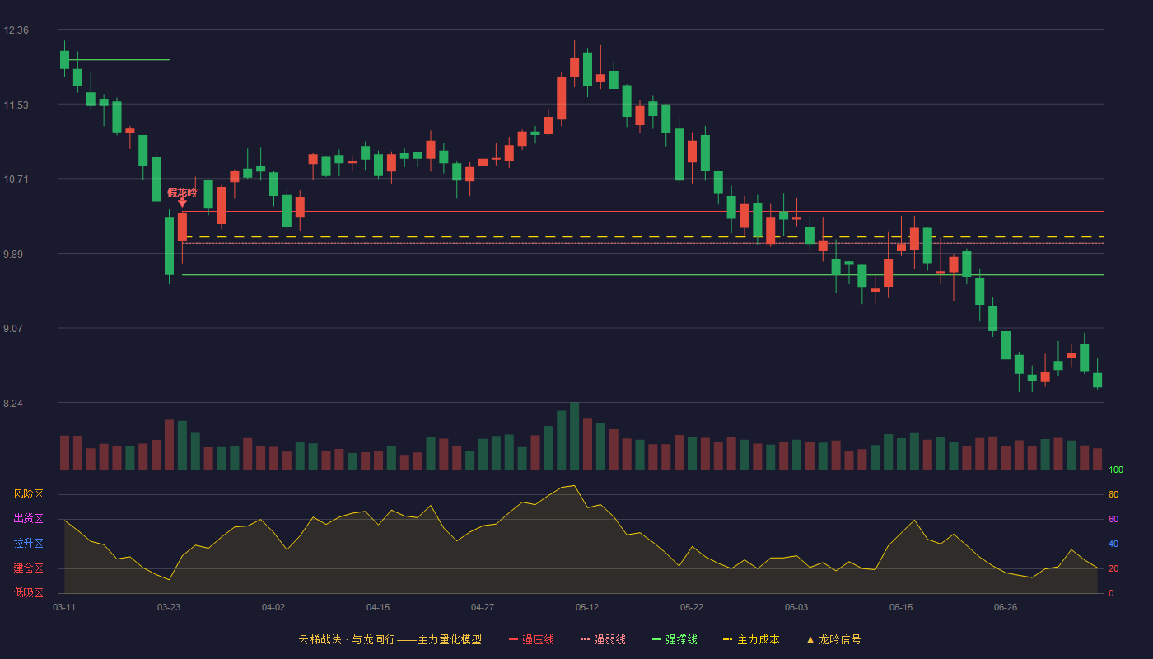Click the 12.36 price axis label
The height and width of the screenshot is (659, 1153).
tap(16, 30)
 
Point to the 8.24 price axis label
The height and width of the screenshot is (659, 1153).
tap(13, 404)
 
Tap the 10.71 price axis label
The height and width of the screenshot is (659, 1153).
tap(16, 180)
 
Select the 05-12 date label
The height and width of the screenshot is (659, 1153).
tap(586, 608)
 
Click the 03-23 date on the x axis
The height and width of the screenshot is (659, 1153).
tap(169, 608)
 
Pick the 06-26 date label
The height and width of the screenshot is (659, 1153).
tap(1006, 608)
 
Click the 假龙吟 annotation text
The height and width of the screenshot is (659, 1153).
tap(182, 193)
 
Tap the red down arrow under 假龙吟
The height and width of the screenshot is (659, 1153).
tap(182, 203)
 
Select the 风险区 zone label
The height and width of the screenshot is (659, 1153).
tap(28, 494)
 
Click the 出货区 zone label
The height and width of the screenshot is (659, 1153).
tap(28, 518)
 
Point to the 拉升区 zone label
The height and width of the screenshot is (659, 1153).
tap(28, 543)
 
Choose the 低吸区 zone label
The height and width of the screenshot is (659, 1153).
tap(28, 592)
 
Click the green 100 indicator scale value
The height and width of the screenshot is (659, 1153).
tap(1116, 470)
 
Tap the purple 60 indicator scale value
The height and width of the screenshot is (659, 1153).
tap(1113, 519)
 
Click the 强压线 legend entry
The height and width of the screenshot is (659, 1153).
tap(531, 639)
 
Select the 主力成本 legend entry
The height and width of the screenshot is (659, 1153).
tap(751, 639)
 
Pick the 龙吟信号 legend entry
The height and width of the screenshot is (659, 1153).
tap(833, 639)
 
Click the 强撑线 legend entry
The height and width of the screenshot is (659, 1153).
tap(675, 639)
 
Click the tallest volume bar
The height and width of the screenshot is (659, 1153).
tap(575, 436)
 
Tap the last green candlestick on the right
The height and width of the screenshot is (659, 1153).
tap(1097, 380)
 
